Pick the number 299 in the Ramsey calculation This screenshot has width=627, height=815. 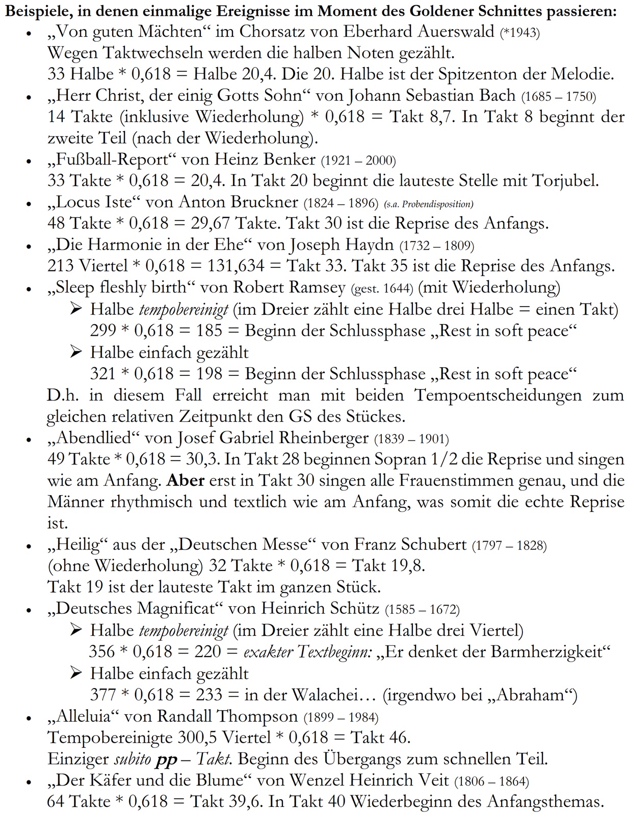click(x=103, y=331)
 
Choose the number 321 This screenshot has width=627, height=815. click(x=103, y=374)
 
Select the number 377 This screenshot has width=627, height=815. click(x=103, y=694)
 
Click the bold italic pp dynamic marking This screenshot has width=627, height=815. click(x=163, y=759)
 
